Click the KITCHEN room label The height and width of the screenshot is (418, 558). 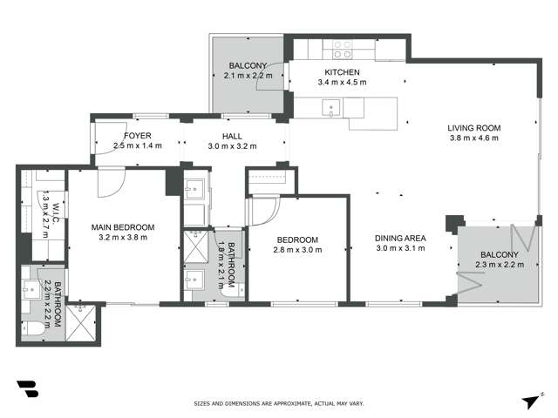341,72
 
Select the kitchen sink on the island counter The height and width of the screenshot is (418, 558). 330,108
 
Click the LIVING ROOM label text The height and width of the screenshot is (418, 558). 474,127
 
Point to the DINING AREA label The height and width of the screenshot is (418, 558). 400,239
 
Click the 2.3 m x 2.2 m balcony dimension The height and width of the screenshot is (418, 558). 499,265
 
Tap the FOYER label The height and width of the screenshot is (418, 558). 138,136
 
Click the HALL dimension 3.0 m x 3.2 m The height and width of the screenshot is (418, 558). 232,146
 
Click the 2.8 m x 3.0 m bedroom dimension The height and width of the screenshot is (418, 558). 297,250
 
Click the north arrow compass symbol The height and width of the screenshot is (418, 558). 530,401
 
